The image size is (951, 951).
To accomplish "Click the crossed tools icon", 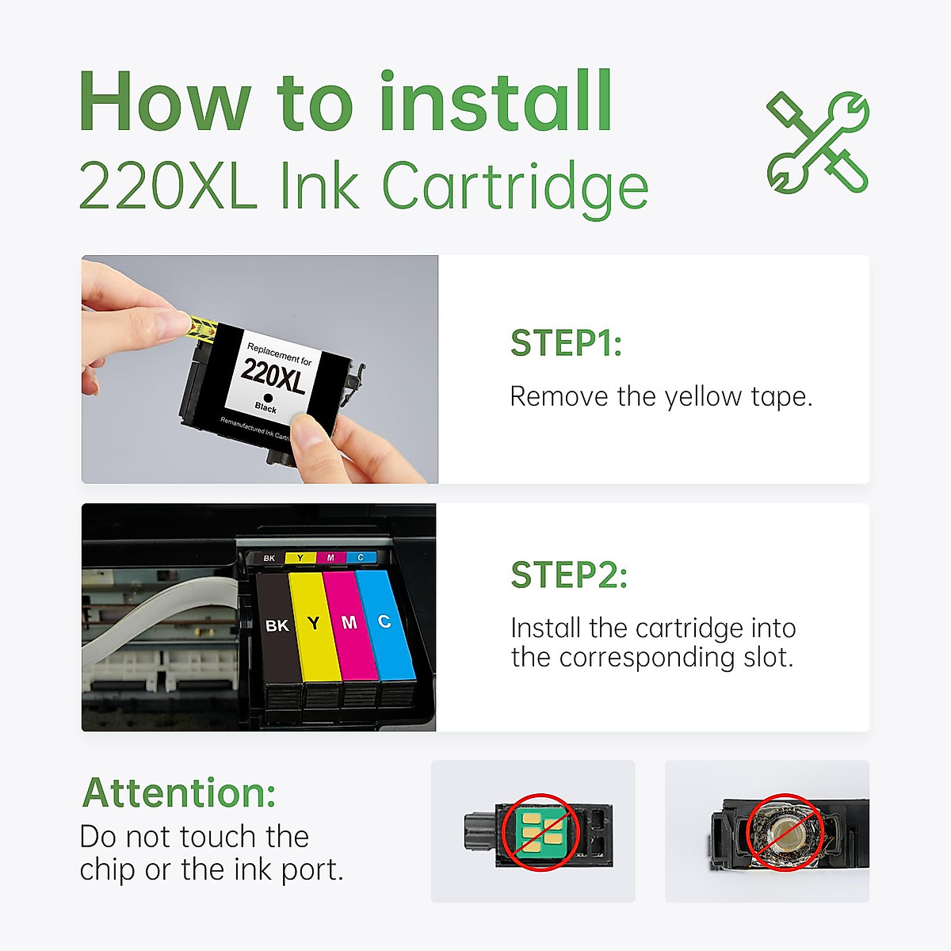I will point(818,143).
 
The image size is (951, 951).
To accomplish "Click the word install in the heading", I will point(495,103).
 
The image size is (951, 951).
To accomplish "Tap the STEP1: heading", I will point(566,343).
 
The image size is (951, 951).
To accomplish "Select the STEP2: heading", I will point(569,575).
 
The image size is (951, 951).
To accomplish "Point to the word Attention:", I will point(179,792).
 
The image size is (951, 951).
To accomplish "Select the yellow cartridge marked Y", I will point(314,630).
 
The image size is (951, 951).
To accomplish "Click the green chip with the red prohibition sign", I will point(540,831).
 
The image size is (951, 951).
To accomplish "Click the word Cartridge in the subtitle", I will point(515,188).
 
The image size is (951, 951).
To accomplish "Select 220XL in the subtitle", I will point(168,188).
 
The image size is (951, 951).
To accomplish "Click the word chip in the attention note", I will point(108,870).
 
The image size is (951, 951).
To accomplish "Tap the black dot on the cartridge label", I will point(268,398).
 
